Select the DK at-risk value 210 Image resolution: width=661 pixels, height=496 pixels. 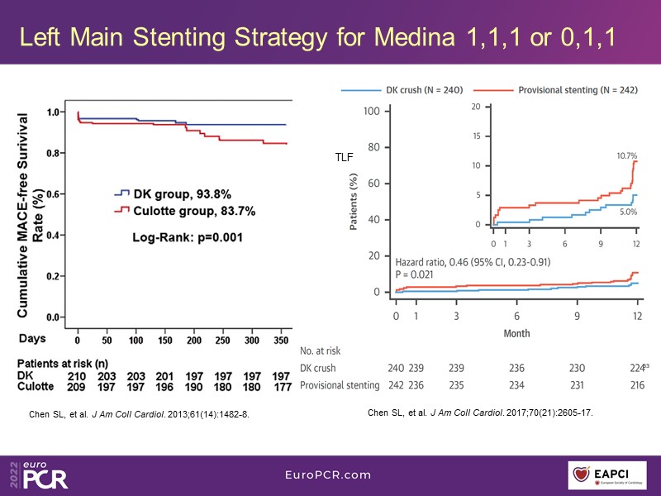click(x=78, y=376)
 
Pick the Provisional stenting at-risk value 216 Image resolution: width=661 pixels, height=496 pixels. click(x=637, y=385)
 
